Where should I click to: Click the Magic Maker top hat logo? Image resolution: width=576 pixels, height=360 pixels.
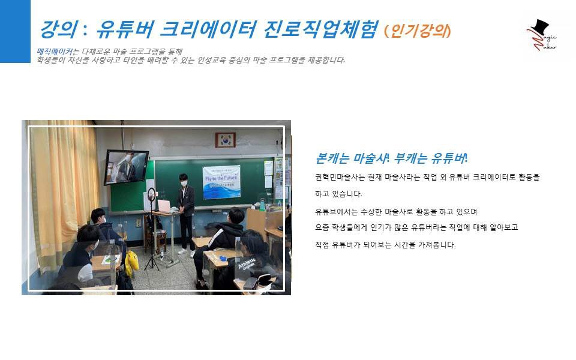pyautogui.click(x=541, y=35)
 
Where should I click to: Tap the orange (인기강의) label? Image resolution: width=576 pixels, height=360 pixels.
pyautogui.click(x=418, y=30)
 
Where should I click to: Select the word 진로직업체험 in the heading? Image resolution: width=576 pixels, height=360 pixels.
pyautogui.click(x=321, y=29)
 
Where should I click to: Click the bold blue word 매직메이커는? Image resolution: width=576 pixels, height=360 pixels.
pyautogui.click(x=55, y=52)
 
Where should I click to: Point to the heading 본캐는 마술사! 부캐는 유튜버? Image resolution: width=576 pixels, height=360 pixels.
pyautogui.click(x=391, y=158)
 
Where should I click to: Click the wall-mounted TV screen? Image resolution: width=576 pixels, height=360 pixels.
pyautogui.click(x=126, y=166)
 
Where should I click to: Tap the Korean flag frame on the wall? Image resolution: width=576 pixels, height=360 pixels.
pyautogui.click(x=226, y=140)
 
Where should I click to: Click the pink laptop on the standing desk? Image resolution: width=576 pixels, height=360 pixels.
pyautogui.click(x=164, y=206)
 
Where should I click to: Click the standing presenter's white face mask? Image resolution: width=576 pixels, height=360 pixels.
pyautogui.click(x=184, y=183)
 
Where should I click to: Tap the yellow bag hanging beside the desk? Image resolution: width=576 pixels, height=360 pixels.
pyautogui.click(x=131, y=263)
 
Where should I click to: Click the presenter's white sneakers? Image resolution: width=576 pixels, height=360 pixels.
pyautogui.click(x=186, y=254)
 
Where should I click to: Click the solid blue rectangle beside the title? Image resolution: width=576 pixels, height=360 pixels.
pyautogui.click(x=15, y=31)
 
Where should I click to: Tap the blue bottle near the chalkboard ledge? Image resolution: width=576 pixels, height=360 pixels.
pyautogui.click(x=262, y=205)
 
